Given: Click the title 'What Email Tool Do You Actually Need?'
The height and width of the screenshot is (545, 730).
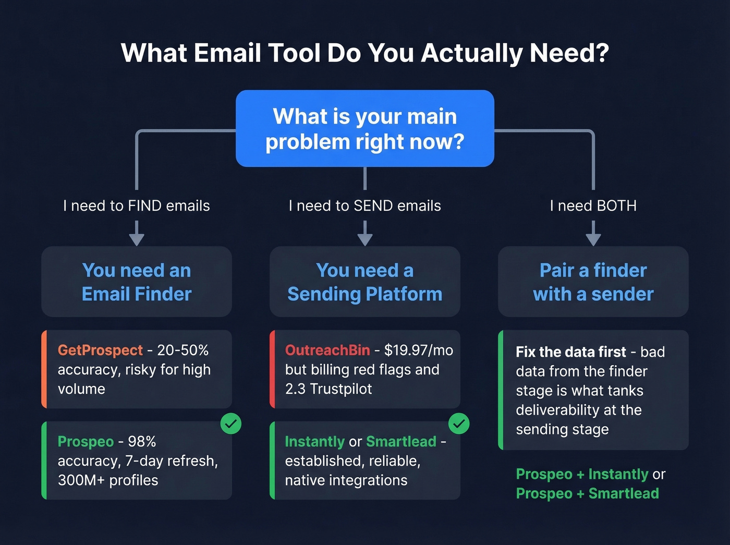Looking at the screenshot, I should tap(365, 53).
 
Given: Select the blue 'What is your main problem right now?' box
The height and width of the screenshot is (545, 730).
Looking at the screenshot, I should tap(365, 128).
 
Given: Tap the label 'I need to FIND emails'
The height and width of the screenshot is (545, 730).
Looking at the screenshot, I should tap(137, 206).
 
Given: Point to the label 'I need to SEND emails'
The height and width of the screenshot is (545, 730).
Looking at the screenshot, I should tap(365, 206).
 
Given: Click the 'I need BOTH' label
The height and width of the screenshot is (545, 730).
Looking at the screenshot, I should tap(593, 206).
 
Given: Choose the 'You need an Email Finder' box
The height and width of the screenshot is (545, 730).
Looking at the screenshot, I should tap(137, 282).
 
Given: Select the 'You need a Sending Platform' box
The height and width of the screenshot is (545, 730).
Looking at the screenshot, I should tap(365, 282).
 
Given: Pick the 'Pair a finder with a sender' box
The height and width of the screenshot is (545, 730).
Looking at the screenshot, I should tap(593, 282).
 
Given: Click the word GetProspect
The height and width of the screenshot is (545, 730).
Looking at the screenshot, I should tap(100, 350).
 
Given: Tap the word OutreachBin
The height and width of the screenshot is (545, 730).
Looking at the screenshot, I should tap(327, 350).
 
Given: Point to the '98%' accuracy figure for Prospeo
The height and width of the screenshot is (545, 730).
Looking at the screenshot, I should tap(142, 441).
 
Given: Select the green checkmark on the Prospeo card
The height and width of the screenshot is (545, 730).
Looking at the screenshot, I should tap(231, 423).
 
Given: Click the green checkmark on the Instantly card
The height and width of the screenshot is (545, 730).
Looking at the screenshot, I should tap(459, 423).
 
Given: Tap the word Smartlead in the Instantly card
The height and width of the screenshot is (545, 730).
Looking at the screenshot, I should tap(401, 441).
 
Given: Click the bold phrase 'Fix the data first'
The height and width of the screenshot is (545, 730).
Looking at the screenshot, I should tap(571, 352).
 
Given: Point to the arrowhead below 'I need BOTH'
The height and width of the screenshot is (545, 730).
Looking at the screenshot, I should tap(593, 239).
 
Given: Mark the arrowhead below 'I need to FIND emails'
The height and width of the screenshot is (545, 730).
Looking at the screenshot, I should tap(137, 239).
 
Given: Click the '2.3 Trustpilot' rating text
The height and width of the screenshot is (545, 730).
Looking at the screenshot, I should tap(328, 389).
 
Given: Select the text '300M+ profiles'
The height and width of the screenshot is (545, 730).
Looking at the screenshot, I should tap(108, 480).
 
